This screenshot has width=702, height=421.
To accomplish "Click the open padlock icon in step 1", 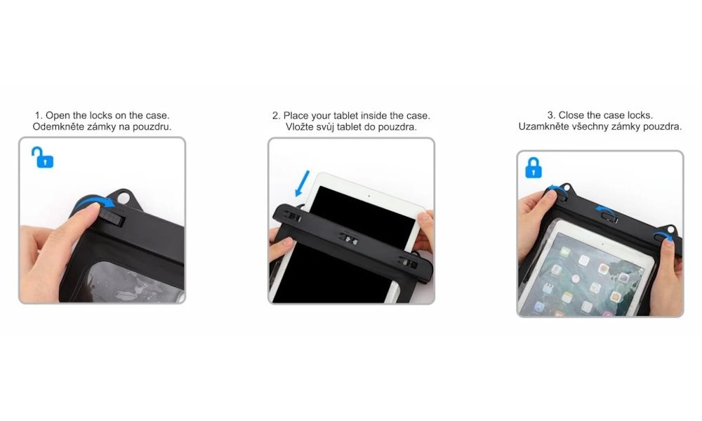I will point(43,157).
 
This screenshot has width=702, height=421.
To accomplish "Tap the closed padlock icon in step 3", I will point(535,168).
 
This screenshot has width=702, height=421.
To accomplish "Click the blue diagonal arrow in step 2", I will point(301,185).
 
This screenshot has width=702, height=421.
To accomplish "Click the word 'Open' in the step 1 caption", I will point(59,115).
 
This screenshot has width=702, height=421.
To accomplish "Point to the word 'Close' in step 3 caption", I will point(571,115).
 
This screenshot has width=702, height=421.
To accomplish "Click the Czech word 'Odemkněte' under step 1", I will point(56,127).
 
